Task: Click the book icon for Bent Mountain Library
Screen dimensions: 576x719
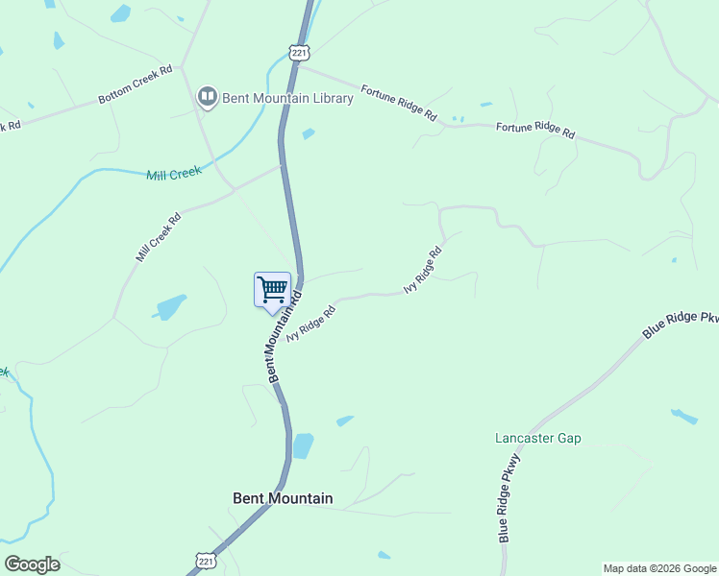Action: point(207,97)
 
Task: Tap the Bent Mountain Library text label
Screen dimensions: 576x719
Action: point(287,98)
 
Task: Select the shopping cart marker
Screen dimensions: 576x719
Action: point(272,290)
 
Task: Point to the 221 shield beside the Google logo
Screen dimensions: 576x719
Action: point(205,560)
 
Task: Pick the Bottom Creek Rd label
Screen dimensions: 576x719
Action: point(135,84)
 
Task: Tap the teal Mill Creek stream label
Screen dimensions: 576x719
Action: point(173,174)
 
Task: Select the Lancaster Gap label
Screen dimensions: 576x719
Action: point(537,439)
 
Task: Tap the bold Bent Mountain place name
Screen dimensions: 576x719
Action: point(283,498)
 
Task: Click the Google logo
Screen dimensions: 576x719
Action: point(32,564)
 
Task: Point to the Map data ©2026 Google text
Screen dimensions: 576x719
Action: point(659,568)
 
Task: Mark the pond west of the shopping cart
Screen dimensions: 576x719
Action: point(171,306)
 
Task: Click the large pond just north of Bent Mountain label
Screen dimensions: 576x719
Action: point(303,446)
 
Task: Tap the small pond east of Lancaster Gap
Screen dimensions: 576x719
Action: point(683,417)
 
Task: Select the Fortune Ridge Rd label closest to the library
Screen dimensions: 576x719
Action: point(399,104)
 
